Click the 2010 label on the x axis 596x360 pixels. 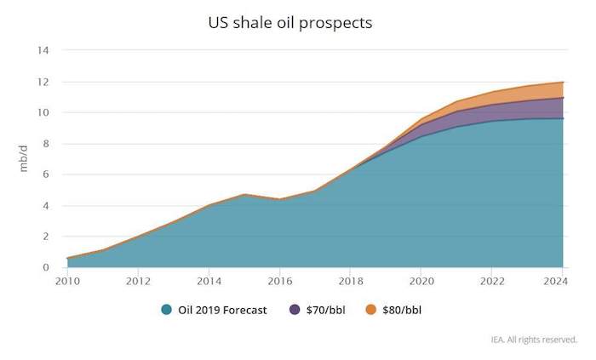(67, 283)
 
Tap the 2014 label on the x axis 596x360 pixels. (209, 283)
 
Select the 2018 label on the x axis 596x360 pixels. (351, 283)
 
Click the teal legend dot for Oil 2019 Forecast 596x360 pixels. (167, 310)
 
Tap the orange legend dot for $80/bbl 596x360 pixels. (370, 310)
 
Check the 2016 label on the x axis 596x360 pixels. (280, 283)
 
